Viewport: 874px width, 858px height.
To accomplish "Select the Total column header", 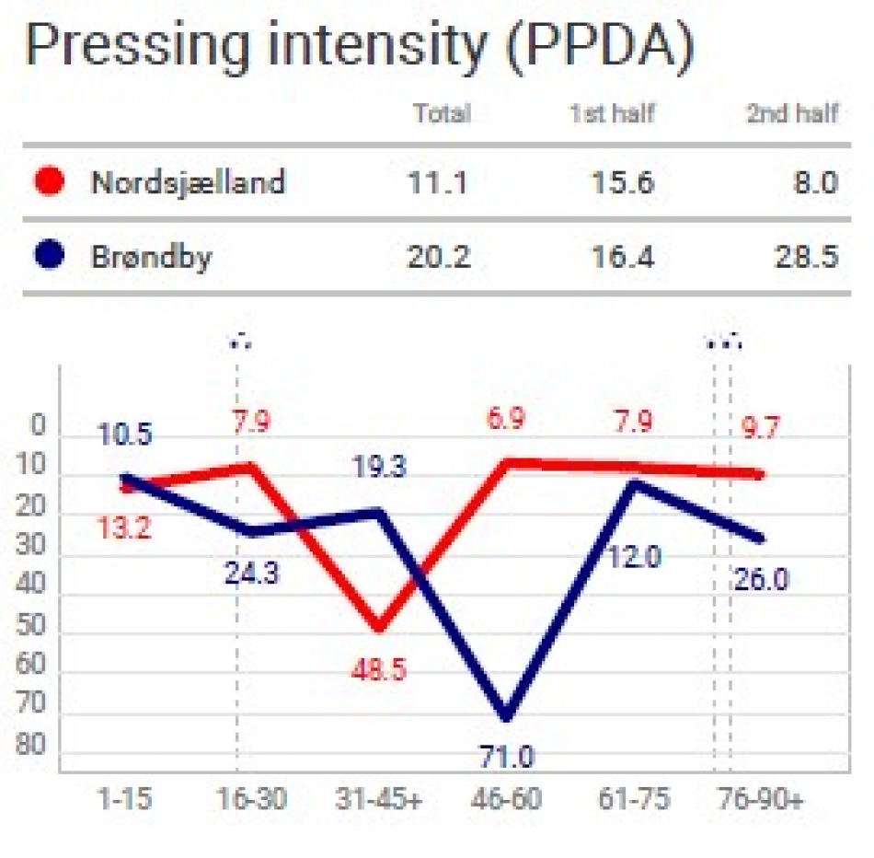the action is pos(442,113).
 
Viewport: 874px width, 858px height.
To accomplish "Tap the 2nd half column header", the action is pos(792,113).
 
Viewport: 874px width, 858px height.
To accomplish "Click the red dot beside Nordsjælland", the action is pos(49,180).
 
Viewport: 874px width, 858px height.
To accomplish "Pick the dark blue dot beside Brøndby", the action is pos(49,254).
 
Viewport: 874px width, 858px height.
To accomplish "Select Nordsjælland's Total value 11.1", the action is pos(438,182).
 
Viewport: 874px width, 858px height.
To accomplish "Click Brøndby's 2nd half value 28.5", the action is pos(807,257).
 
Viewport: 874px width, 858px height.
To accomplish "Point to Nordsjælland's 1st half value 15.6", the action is pos(623,182).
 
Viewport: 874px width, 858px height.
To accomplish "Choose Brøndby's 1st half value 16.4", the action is pos(623,257).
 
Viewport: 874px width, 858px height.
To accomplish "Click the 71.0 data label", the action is pos(507,757).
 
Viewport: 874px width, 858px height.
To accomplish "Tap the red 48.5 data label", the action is pos(379,669).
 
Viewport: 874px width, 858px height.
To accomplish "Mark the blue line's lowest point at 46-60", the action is pos(507,717).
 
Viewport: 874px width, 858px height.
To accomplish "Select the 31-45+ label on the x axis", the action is pos(379,799).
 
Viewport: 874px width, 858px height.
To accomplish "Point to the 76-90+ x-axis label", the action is pos(761,799).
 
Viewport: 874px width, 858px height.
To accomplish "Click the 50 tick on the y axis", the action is pos(30,624).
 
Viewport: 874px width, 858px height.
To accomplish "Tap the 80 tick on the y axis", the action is pos(30,744).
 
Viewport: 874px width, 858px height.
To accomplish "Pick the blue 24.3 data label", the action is pos(252,573).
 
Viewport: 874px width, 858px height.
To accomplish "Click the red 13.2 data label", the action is pos(124,528).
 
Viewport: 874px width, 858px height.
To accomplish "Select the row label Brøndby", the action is pos(152,258).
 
